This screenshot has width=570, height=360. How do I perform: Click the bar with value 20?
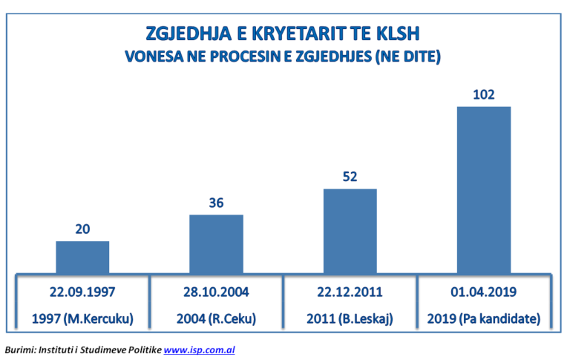pos(82,257)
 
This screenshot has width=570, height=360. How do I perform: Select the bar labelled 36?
pos(216,243)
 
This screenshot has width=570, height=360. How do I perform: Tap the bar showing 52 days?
pos(350,231)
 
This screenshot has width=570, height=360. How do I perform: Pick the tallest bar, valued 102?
pos(483,189)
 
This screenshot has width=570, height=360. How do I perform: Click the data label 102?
pos(483,95)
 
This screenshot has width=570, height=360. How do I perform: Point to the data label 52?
pos(350,177)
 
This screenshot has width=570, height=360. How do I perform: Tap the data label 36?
pos(216,203)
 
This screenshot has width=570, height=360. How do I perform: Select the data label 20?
pos(82,229)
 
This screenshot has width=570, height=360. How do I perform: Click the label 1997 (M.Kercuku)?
pos(83,320)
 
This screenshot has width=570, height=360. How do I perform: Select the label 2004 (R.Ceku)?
pos(217,320)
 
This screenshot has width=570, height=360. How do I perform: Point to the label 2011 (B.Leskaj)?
pos(350,320)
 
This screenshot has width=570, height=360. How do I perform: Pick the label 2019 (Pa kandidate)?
pos(483,320)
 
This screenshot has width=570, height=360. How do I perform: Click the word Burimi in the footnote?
pos(20,349)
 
